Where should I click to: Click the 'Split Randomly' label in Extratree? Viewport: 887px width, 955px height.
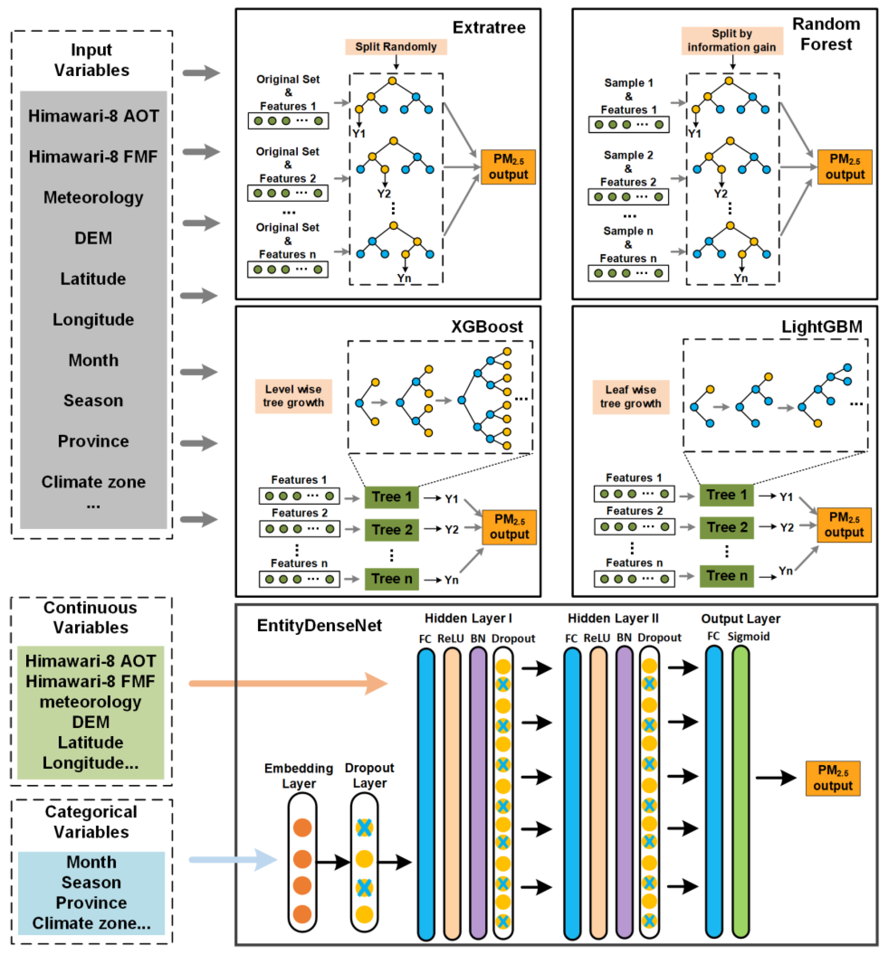(396, 46)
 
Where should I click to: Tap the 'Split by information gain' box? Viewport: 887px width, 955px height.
(732, 40)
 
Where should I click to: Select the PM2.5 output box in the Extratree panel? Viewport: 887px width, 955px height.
(508, 167)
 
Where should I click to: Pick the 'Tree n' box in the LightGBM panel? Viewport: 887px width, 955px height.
(726, 575)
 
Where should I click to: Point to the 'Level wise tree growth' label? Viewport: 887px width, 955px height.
(293, 395)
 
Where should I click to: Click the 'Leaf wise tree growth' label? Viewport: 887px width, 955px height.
(630, 396)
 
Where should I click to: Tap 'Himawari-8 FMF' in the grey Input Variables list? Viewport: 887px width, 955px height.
(93, 156)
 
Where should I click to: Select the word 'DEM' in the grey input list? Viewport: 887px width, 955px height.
(93, 238)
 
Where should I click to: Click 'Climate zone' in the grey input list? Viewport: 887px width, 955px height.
(93, 482)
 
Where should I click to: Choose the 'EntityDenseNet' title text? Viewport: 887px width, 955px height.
(319, 625)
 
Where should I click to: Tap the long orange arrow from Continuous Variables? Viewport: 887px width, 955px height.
(288, 683)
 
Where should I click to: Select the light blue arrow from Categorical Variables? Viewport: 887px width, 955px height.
(233, 859)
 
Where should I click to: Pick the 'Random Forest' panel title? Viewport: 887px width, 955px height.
(826, 34)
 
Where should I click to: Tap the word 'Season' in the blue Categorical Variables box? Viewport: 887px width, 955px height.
(91, 882)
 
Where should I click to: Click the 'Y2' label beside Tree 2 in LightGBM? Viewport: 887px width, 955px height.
(786, 527)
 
